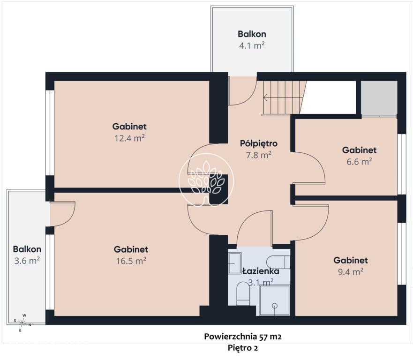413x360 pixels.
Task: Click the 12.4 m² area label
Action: [x=129, y=138]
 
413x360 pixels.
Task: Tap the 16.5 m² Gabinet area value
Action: [x=131, y=261]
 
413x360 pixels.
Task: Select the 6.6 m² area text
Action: [x=359, y=161]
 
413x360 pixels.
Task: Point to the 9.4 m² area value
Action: [x=351, y=271]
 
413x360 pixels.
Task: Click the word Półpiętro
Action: [x=258, y=143]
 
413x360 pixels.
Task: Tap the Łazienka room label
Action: [x=261, y=271]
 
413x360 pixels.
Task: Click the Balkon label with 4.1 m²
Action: [x=252, y=34]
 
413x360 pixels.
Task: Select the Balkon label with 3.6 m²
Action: [x=27, y=249]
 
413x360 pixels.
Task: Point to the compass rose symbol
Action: [x=23, y=322]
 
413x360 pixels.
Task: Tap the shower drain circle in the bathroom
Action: [x=275, y=306]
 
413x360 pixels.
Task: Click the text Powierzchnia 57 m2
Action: [x=242, y=336]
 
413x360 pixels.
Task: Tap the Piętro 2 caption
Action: [x=243, y=348]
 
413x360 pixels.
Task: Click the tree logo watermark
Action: [x=206, y=180]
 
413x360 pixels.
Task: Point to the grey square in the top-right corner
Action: [x=379, y=98]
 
